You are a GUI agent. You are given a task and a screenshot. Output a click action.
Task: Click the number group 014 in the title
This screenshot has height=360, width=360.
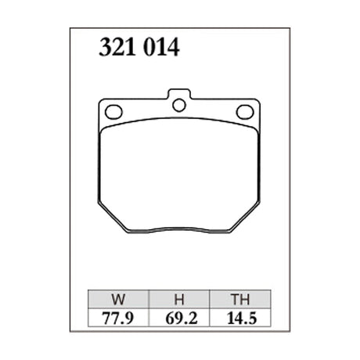(x=160, y=49)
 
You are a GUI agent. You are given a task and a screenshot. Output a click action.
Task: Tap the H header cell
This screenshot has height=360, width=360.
(x=178, y=298)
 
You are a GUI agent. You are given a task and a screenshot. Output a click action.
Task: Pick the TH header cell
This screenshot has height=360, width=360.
(x=238, y=298)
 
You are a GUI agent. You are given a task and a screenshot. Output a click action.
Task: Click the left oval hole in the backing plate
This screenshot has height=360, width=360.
(x=113, y=110)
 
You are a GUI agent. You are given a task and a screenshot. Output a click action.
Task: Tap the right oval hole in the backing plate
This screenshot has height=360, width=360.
(x=246, y=110)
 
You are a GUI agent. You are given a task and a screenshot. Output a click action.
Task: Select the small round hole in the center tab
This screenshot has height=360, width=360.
(x=179, y=105)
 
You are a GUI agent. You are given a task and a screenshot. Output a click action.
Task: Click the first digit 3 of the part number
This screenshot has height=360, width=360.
(x=104, y=49)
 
